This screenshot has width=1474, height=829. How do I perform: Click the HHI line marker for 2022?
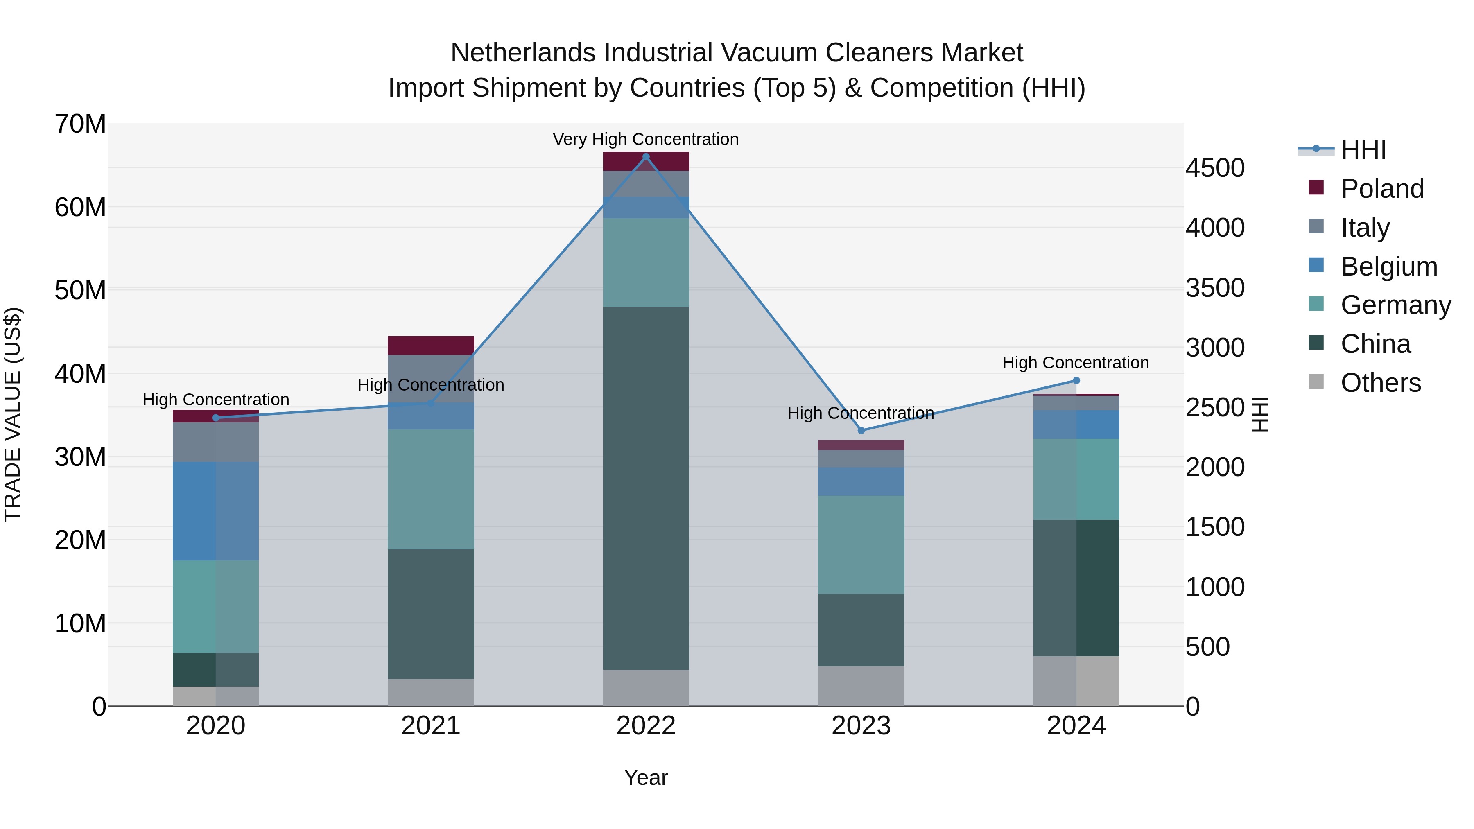pos(646,157)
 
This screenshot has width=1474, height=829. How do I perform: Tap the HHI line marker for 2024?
pos(1076,380)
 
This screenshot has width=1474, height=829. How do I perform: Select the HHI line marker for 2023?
pos(861,430)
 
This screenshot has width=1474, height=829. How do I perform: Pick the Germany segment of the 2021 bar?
pos(431,489)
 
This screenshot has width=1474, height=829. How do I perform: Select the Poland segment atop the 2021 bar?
pos(431,346)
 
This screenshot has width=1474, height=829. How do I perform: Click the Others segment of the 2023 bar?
pos(861,686)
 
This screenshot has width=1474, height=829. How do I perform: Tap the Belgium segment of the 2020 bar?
pos(216,511)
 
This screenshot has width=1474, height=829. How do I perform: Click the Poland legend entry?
pos(1381,189)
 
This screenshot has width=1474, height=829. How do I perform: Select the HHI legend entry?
pos(1363,150)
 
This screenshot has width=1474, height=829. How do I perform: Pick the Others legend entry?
pos(1380,383)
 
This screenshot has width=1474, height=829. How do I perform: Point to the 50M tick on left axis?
pos(80,291)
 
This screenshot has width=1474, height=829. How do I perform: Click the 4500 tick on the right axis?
pos(1215,168)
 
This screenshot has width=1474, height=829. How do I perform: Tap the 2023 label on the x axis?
pos(861,726)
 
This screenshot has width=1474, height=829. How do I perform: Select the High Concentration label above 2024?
pos(1075,363)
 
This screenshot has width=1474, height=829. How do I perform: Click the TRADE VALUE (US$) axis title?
pos(13,414)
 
